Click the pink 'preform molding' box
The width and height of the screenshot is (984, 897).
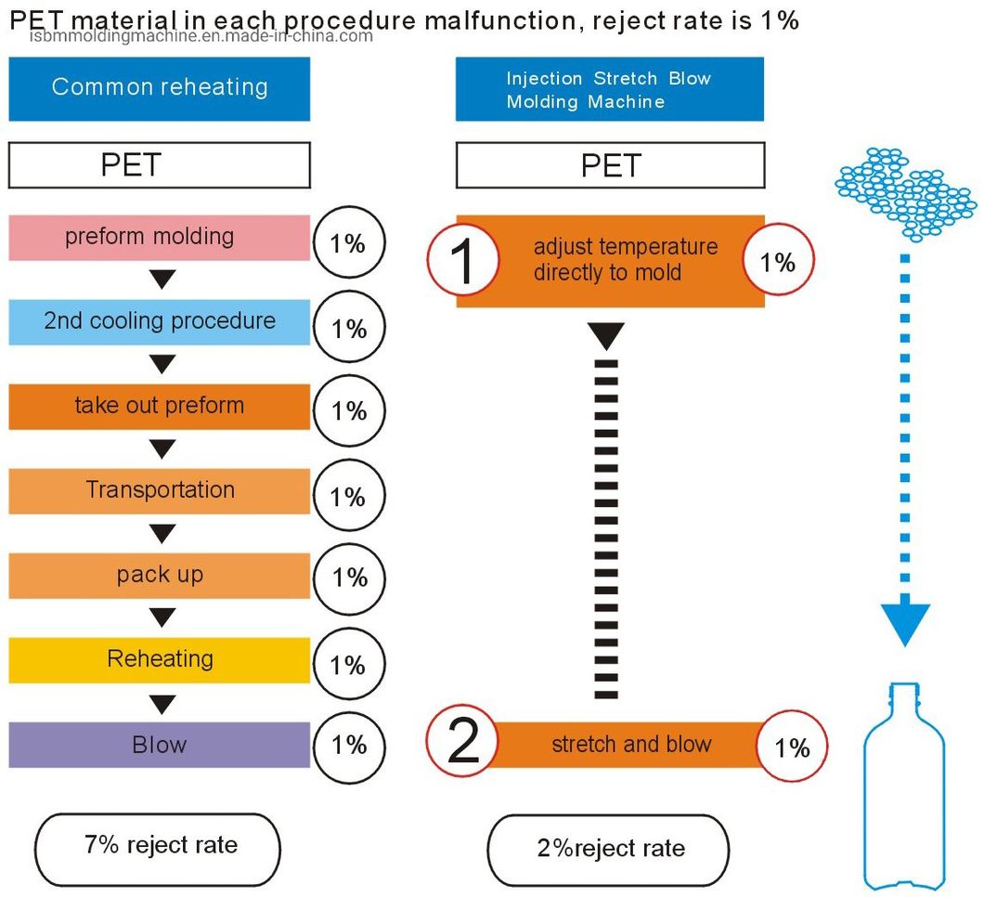(159, 238)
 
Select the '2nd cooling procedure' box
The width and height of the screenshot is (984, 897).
(159, 322)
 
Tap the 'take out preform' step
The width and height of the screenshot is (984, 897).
(159, 407)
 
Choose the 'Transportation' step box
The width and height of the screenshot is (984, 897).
(159, 491)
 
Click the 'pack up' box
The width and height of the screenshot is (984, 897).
(159, 576)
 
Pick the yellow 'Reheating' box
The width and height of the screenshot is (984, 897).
(159, 660)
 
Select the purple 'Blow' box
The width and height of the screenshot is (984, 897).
(159, 745)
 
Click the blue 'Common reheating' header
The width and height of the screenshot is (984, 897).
(159, 88)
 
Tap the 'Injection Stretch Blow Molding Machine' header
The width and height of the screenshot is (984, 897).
(609, 90)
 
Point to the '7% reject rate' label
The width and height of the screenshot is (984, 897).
(157, 847)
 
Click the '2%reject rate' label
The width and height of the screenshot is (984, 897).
(608, 849)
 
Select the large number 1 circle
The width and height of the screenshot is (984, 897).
(462, 262)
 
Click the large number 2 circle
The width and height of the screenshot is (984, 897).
(461, 745)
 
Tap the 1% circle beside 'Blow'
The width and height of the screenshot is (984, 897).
(349, 745)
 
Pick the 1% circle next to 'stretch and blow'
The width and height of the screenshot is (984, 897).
(792, 747)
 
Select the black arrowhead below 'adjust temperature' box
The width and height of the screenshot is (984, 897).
(606, 336)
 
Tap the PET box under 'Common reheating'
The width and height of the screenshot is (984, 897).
(159, 165)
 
